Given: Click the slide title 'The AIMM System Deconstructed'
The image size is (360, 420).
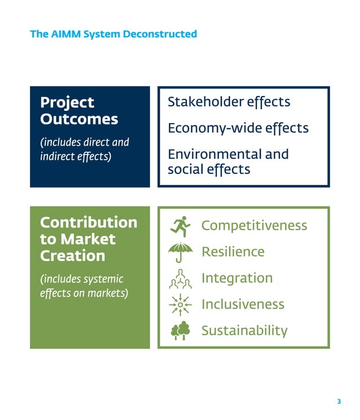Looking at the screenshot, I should (x=113, y=34).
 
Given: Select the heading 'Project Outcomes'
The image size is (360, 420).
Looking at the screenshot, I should (x=79, y=111).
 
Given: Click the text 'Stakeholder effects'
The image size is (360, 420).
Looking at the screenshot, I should (x=229, y=102).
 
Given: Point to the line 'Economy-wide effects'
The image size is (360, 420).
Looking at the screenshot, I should (x=238, y=128).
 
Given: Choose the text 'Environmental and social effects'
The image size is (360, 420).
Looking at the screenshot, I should (x=228, y=161).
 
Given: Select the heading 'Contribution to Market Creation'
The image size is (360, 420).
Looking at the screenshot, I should (x=89, y=239).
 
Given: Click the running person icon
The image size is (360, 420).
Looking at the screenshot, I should (x=181, y=225).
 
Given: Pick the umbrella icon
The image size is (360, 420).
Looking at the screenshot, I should (x=181, y=252).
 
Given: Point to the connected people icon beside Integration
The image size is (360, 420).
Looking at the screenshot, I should (x=181, y=278).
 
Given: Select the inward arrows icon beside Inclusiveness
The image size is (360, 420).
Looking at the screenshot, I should (x=181, y=305).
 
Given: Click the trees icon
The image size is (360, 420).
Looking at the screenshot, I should (x=181, y=331).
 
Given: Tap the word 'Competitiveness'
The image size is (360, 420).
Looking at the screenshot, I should (x=254, y=226).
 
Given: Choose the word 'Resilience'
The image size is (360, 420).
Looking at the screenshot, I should (x=232, y=252).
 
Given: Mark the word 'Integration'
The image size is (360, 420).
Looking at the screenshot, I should (x=236, y=278).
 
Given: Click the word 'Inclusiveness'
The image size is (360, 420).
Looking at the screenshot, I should (x=243, y=305).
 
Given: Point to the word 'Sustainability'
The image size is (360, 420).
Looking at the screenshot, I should (x=244, y=331).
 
